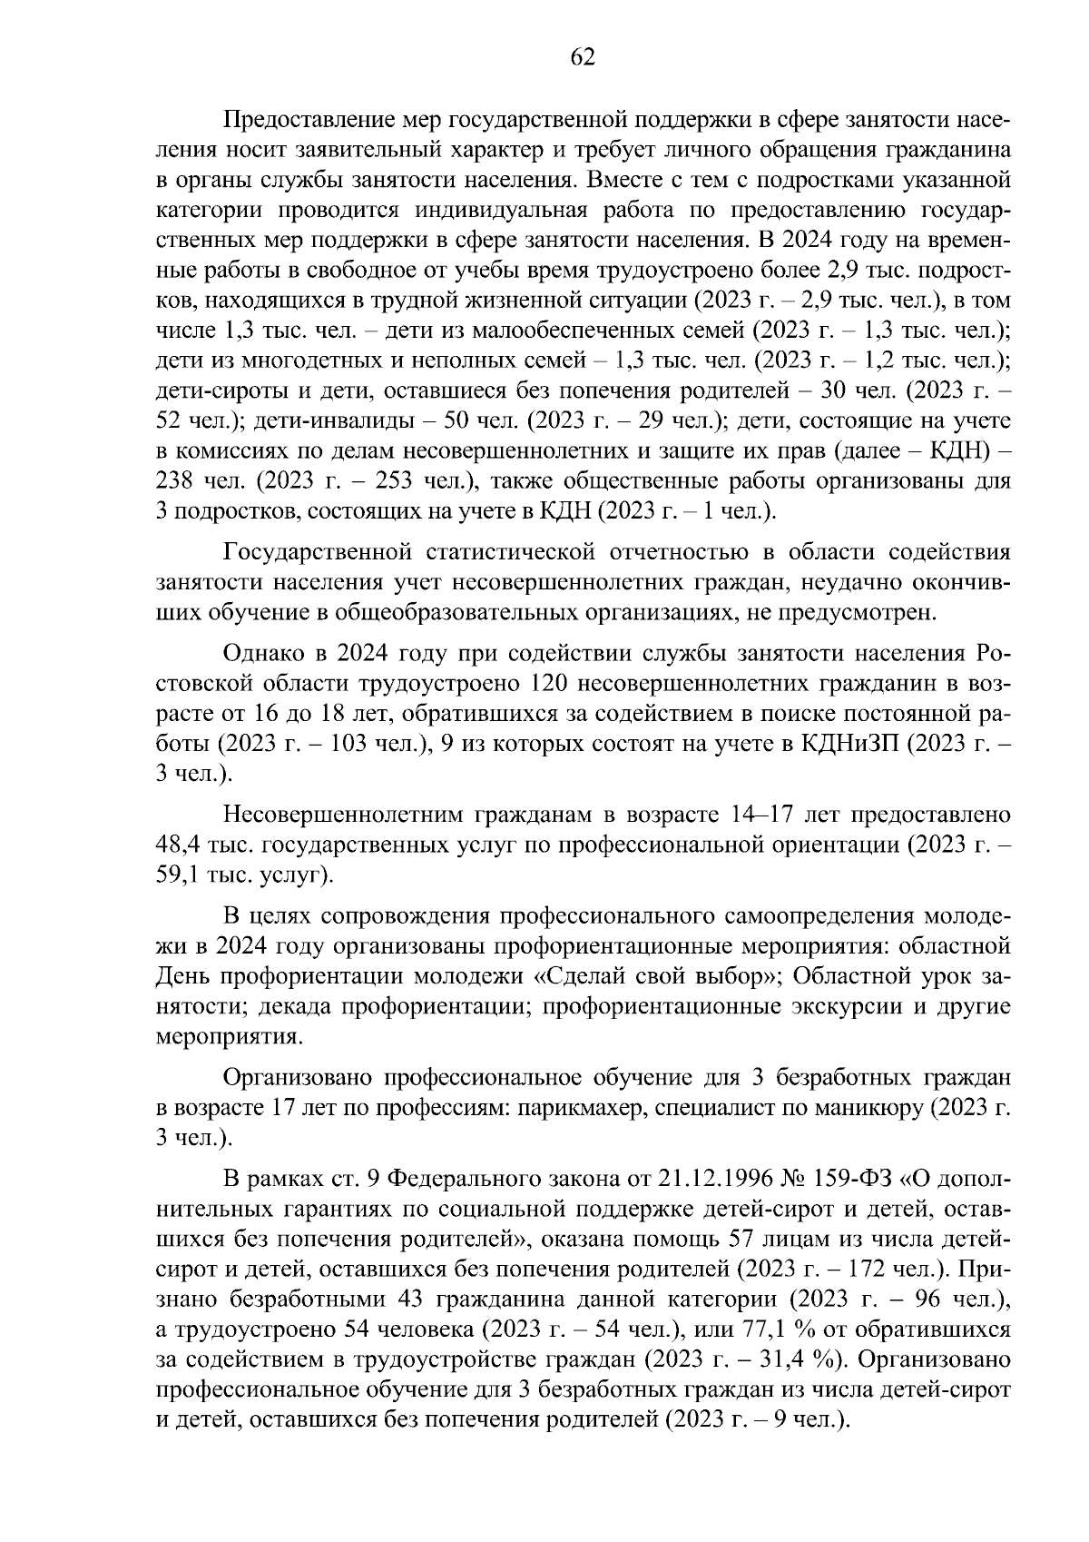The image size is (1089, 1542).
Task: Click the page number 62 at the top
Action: (582, 57)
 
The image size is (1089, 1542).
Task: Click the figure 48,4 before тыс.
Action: (177, 845)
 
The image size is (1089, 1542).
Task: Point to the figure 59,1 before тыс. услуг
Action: (177, 875)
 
